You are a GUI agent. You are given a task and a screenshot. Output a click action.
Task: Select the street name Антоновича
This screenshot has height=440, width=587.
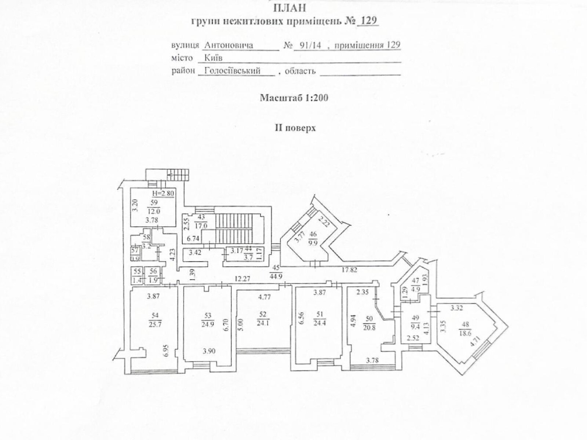[229, 45]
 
